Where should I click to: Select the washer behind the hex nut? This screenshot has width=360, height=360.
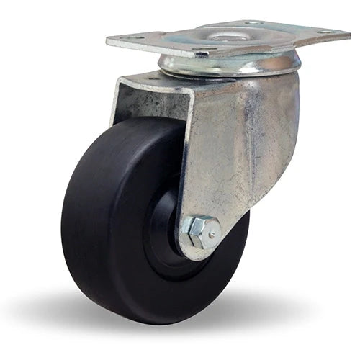189,238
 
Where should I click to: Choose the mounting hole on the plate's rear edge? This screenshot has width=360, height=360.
253,23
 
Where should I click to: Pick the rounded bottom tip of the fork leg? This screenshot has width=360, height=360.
198,254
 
